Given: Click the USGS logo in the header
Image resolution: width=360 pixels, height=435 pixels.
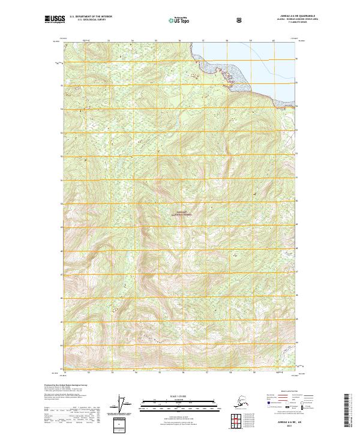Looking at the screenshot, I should tap(55, 20).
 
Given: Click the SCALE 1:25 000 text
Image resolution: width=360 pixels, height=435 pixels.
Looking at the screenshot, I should tap(180, 397).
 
